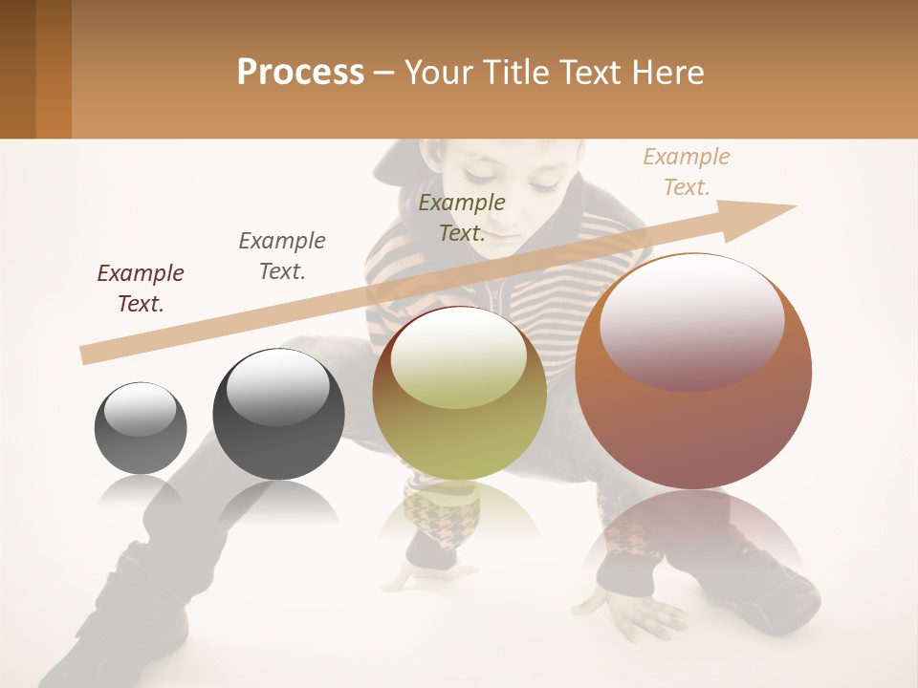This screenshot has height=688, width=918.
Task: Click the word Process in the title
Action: (300, 73)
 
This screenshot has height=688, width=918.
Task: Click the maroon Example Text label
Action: (141, 288)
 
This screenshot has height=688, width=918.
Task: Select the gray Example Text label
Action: (282, 255)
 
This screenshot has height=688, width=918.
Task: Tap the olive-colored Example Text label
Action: (462, 217)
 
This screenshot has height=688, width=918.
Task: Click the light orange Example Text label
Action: (687, 171)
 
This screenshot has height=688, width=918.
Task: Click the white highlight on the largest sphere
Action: (692, 322)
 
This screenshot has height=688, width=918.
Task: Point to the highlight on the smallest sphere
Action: (141, 409)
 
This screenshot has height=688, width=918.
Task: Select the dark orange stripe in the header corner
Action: (54, 69)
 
